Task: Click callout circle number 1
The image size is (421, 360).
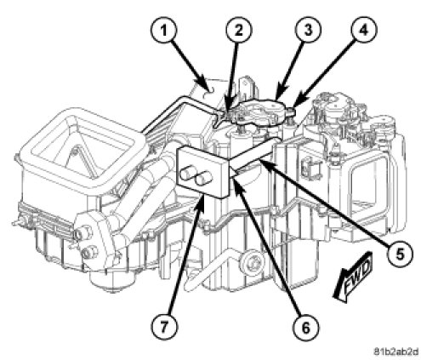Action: (164, 31)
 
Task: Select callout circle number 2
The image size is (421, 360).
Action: (239, 31)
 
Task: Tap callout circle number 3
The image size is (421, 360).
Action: (308, 30)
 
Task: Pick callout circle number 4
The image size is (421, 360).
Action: (364, 30)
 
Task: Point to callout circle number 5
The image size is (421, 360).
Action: (400, 254)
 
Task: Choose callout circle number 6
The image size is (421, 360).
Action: (305, 328)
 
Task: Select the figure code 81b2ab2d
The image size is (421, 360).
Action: (395, 351)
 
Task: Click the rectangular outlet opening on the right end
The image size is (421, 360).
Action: (368, 185)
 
